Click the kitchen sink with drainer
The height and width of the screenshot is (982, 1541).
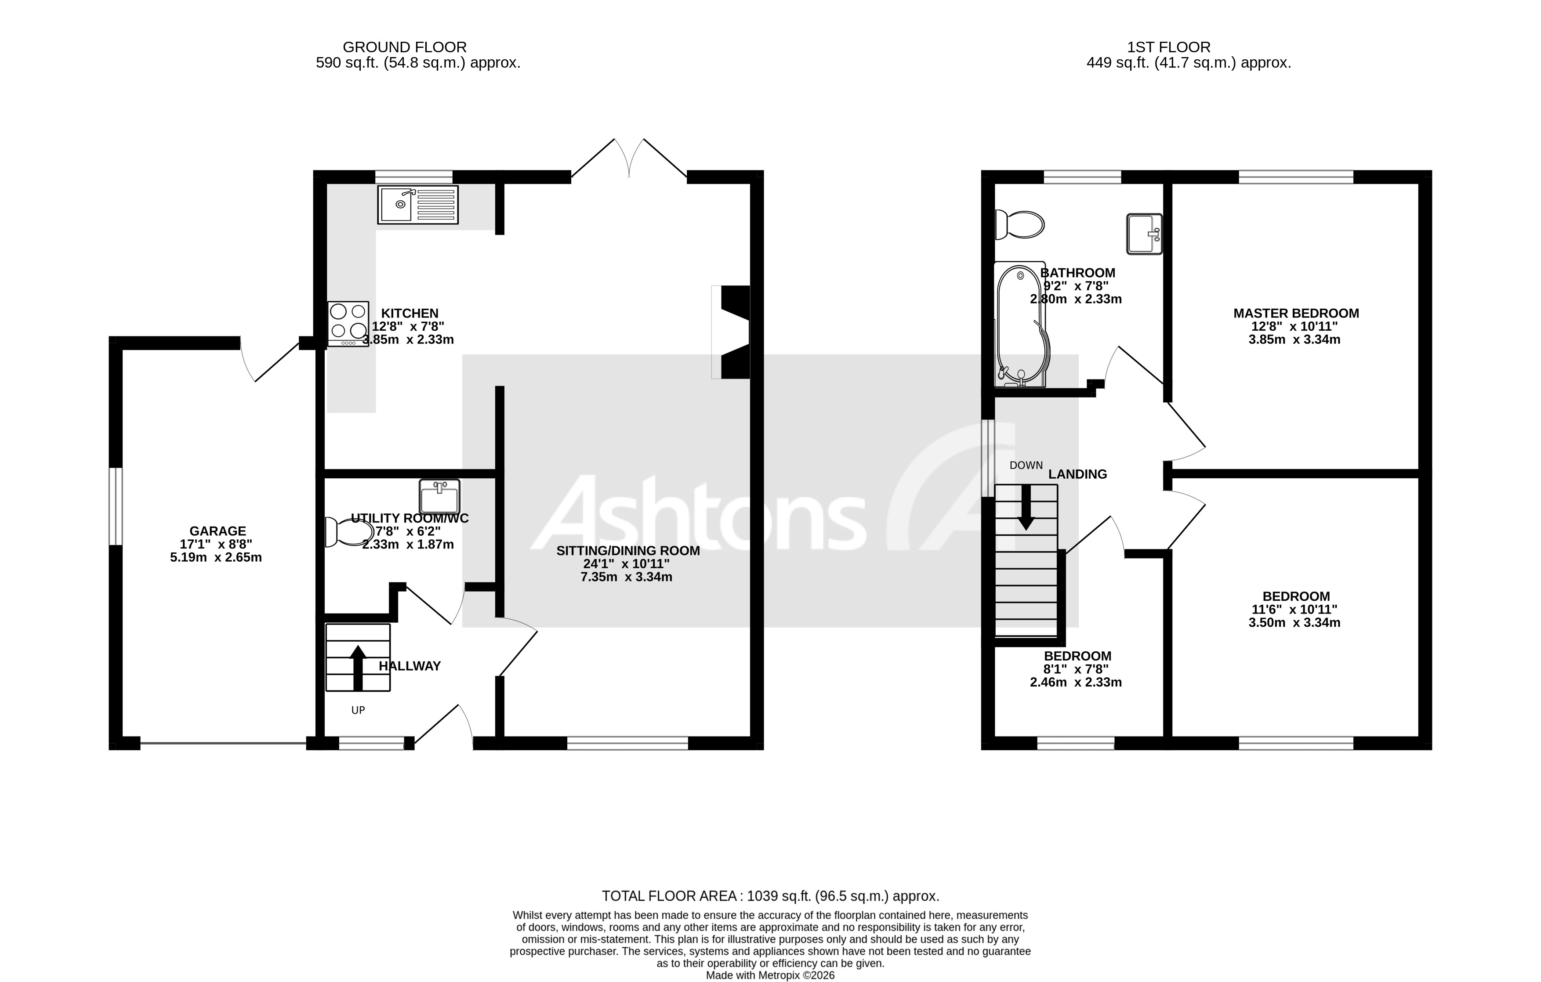tap(418, 205)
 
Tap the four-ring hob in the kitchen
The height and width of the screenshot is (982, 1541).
tap(348, 323)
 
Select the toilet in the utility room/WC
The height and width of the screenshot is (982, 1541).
tap(349, 531)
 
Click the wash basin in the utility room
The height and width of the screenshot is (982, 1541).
tap(440, 496)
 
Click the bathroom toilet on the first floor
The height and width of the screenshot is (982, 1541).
tap(1020, 224)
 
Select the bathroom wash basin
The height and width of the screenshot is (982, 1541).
tap(1144, 234)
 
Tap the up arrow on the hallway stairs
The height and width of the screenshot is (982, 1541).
tap(358, 667)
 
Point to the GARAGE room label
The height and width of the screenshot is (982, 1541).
tap(218, 531)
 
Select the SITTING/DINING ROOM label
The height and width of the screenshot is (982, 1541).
tap(628, 551)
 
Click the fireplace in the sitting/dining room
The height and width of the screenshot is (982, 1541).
tap(733, 332)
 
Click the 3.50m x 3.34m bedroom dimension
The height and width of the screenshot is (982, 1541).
tap(1294, 622)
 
